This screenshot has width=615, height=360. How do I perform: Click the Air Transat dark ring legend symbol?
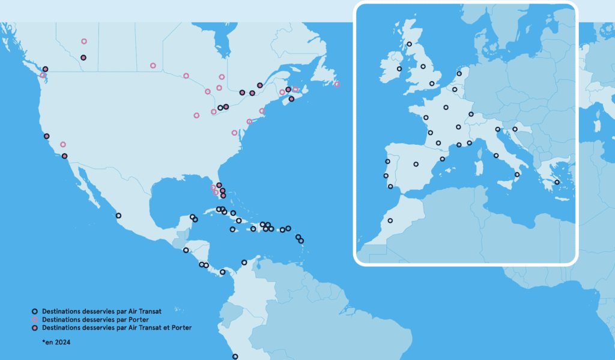35,311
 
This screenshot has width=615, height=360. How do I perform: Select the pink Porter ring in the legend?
35,320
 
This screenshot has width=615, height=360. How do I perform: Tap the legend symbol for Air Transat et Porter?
35,328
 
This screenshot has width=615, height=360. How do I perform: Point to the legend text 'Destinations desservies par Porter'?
95,320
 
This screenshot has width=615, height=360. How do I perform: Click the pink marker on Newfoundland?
337,84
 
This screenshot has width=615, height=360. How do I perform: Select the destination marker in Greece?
557,182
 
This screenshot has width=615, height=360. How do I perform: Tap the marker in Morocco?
390,221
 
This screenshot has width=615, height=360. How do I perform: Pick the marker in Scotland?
410,44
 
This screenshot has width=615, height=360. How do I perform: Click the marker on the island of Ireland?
399,69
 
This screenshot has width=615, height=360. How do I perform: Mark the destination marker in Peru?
235,356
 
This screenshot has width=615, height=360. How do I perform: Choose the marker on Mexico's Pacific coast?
118,215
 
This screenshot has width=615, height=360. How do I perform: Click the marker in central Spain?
416,163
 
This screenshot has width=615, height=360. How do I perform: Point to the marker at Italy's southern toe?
518,174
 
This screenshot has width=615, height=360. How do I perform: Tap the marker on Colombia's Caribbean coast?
244,262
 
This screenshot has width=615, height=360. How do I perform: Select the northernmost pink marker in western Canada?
84,41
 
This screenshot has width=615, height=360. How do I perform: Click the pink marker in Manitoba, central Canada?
153,66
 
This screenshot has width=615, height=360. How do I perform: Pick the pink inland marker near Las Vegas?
63,144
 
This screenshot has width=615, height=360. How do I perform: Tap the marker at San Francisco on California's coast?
46,136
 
